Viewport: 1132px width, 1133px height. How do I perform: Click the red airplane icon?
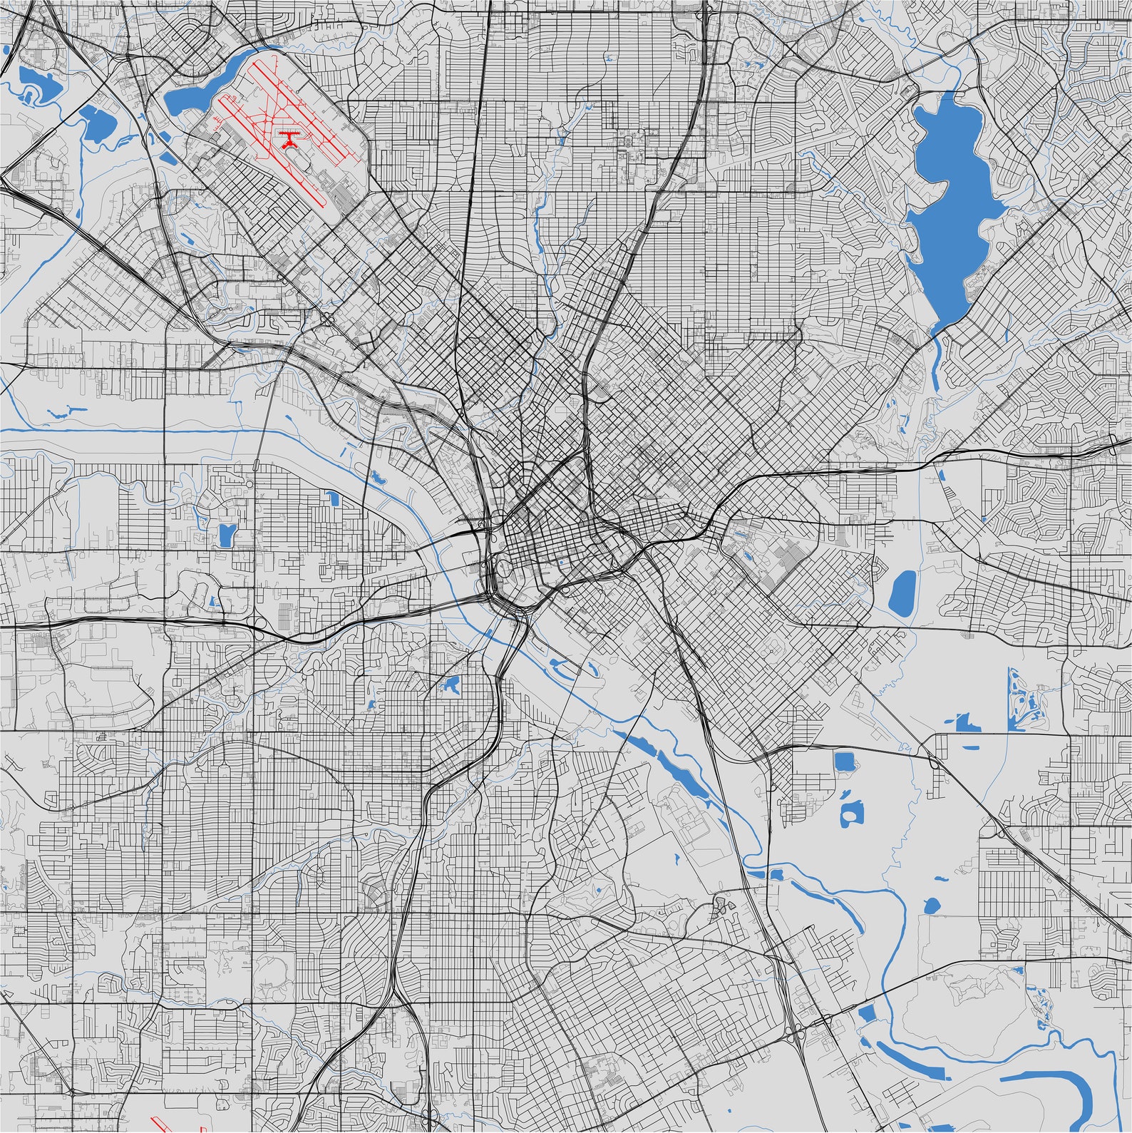click(289, 139)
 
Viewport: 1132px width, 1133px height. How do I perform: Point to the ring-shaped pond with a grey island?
click(851, 813)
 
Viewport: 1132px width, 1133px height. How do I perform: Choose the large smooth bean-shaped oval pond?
click(902, 593)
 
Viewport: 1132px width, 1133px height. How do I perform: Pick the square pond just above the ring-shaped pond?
click(845, 762)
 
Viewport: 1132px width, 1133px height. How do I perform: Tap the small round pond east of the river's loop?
click(932, 906)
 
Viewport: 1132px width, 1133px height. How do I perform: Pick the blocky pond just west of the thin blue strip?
click(967, 724)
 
